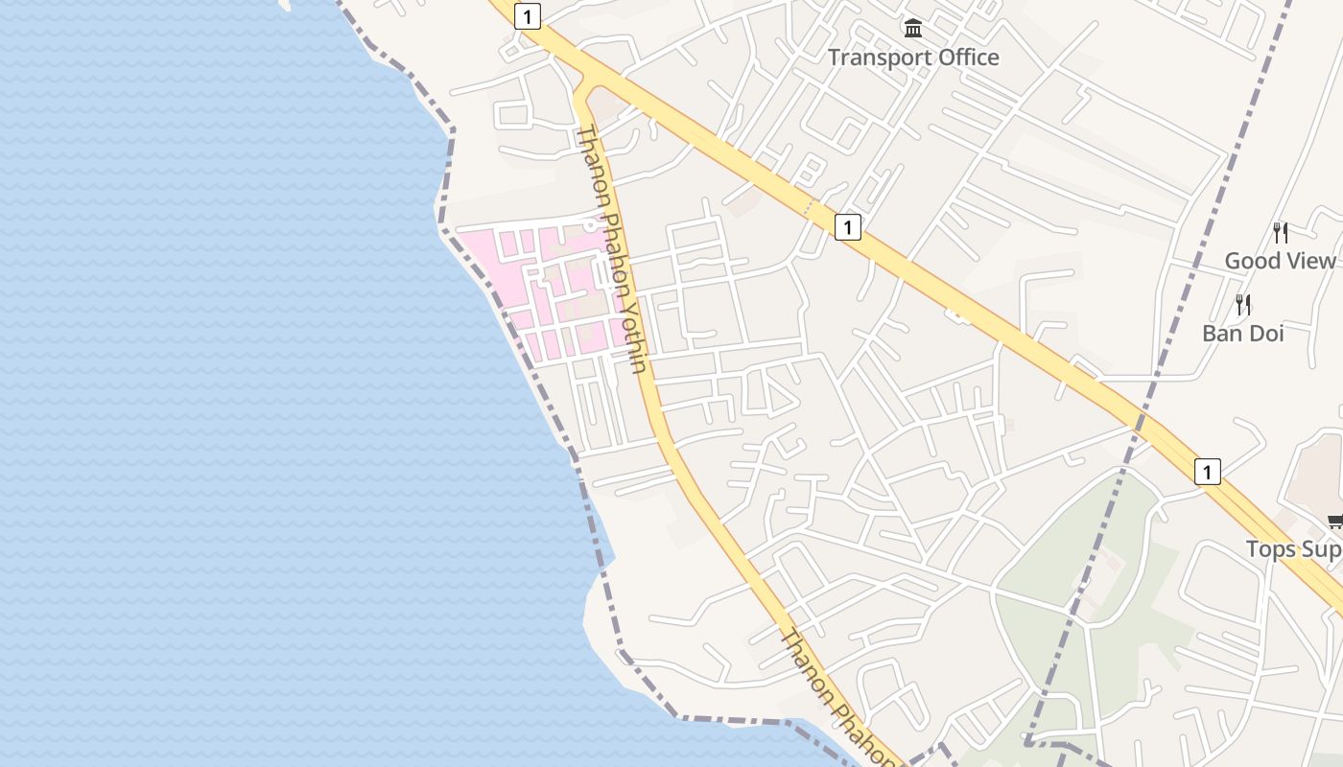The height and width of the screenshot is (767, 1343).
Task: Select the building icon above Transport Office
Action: [x=912, y=28]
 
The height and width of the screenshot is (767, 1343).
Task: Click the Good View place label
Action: [x=1280, y=261]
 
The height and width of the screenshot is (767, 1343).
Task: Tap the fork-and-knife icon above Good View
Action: [x=1280, y=232]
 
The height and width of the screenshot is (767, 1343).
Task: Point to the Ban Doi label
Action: [x=1242, y=334]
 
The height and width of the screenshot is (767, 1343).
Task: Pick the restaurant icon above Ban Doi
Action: [x=1243, y=305]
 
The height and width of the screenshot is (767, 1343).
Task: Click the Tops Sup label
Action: [x=1294, y=549]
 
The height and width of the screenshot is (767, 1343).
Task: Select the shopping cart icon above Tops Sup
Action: [x=1334, y=522]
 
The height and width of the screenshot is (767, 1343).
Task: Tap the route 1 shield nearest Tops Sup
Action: [x=1207, y=471]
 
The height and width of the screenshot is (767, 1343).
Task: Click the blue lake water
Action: [x=240, y=383]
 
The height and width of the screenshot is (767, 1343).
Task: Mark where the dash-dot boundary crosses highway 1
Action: [x=1143, y=420]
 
